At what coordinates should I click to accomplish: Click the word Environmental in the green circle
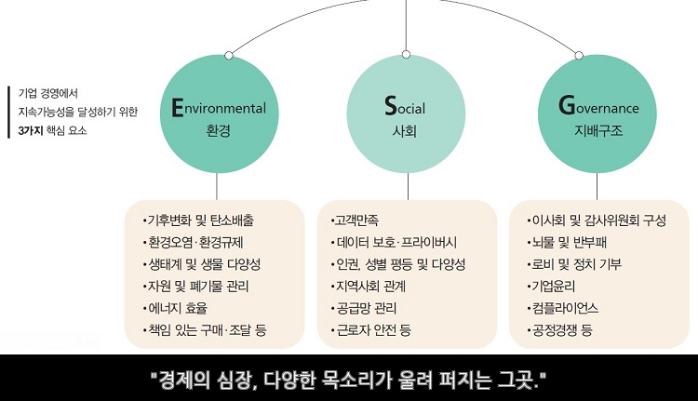coord(219,108)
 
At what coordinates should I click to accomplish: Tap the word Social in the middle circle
coord(405,108)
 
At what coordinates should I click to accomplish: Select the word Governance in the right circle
coord(598,108)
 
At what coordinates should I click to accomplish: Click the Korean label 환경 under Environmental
coord(218,131)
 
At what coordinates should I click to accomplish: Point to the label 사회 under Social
coord(405,131)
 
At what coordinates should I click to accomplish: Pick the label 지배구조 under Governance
coord(598,131)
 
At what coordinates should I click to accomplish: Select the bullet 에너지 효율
coord(178,307)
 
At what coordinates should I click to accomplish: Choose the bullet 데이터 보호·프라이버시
coord(396,242)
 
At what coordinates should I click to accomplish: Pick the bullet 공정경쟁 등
coord(562,329)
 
